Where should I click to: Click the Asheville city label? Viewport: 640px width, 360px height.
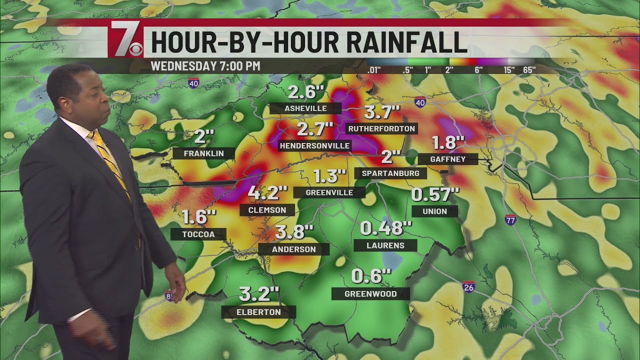tap(305, 108)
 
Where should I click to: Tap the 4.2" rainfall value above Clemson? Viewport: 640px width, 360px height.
tap(268, 192)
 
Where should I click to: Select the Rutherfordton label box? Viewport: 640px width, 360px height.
tap(381, 128)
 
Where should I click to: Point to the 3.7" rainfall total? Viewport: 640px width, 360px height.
tap(382, 111)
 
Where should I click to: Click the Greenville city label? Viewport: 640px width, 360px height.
tap(329, 192)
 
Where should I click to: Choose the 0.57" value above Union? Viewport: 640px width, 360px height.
tap(435, 194)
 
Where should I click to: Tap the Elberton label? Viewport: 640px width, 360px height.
tap(258, 312)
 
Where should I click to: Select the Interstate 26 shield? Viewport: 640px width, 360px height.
tap(468, 287)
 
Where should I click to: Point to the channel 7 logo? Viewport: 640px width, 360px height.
tap(125, 39)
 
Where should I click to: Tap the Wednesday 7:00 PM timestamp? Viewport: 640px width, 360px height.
tap(205, 66)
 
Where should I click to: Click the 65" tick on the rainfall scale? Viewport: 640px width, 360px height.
tap(528, 70)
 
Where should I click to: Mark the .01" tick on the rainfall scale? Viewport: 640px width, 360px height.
tap(374, 70)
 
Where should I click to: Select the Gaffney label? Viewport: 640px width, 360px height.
tap(448, 159)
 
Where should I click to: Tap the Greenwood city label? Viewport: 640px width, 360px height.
tap(370, 294)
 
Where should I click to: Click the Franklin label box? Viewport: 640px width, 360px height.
tap(203, 153)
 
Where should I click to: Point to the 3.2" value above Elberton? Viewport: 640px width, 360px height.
tap(259, 294)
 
